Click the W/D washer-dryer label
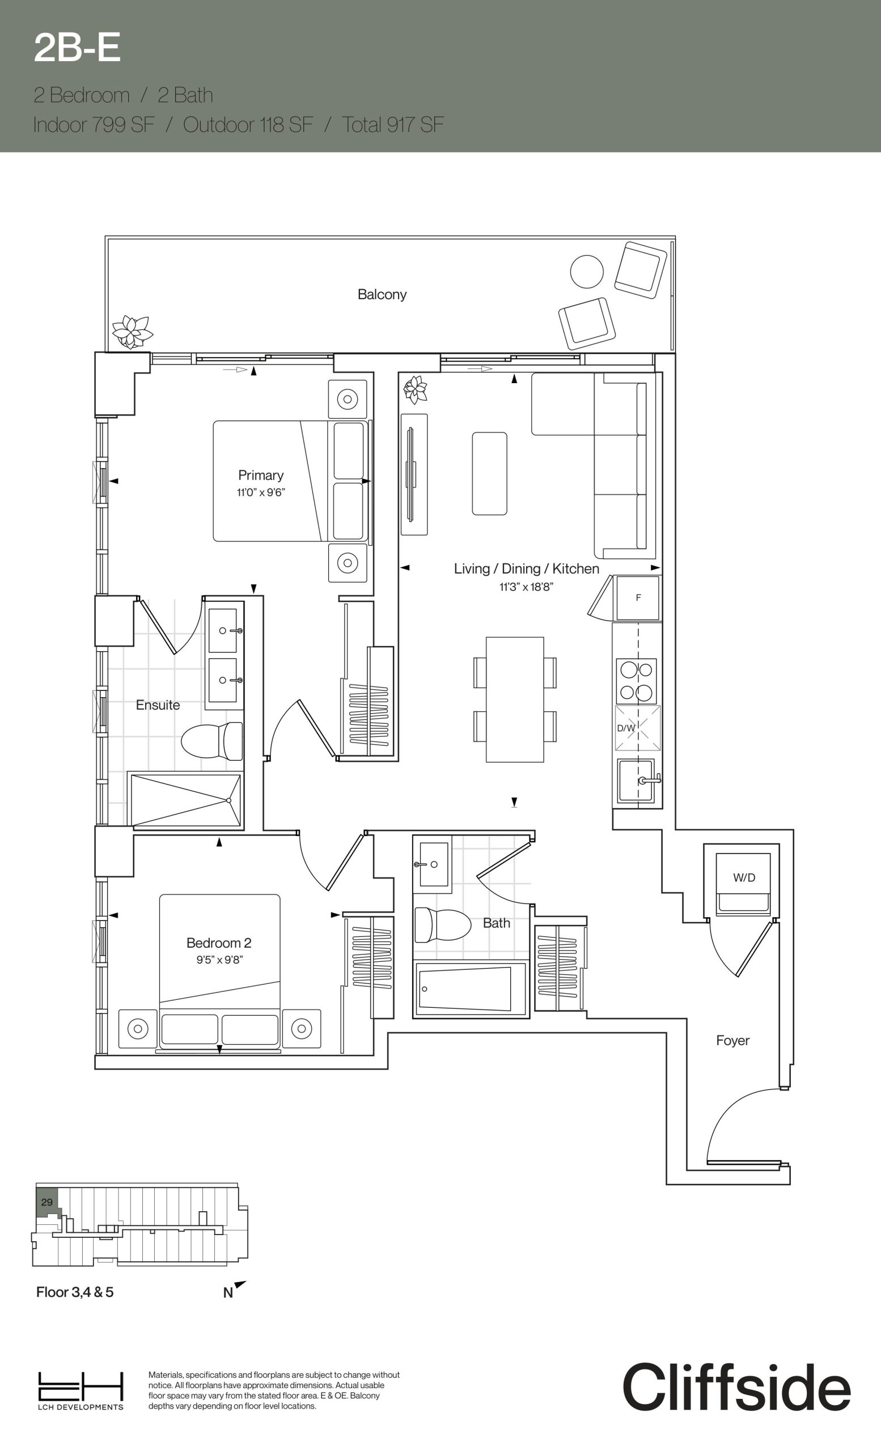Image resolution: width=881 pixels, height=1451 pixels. (744, 877)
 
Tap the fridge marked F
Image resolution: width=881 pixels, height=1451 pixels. (638, 598)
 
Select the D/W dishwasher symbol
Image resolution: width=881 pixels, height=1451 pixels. (638, 728)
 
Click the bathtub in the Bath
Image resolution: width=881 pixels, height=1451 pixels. (471, 988)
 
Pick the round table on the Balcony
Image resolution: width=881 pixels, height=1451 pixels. (587, 271)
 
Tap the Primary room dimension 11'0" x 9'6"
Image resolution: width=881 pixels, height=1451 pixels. (261, 493)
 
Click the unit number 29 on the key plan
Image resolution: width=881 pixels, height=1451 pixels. (47, 1202)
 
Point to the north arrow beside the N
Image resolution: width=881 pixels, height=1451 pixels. (240, 1284)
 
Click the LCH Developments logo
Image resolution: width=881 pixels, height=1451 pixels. (81, 1390)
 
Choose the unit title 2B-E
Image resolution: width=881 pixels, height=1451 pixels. (77, 48)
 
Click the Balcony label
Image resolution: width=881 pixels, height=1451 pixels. (382, 294)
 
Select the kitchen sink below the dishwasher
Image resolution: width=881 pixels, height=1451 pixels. (637, 780)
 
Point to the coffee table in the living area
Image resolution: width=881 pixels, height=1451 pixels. (489, 473)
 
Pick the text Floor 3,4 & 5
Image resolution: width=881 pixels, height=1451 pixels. (75, 1292)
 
